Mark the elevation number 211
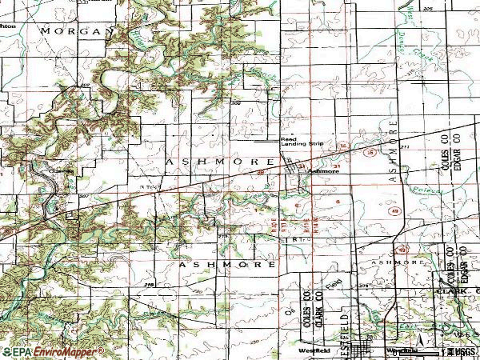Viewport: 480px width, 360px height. click(405, 146)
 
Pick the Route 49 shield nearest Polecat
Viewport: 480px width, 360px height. click(395, 210)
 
